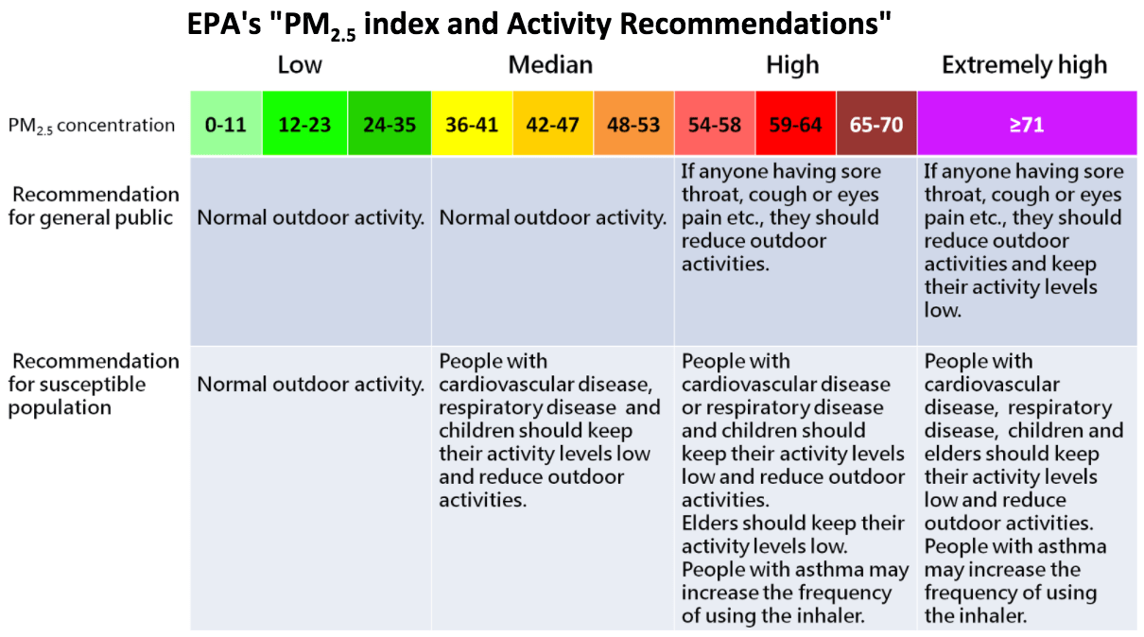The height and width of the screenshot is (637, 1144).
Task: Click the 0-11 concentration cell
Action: point(226,124)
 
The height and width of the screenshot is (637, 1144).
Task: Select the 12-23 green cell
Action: point(304,124)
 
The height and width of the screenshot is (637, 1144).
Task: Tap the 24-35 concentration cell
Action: point(390,124)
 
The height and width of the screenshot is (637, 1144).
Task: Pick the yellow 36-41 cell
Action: point(471,124)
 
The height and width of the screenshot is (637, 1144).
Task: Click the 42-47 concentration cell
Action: point(552,124)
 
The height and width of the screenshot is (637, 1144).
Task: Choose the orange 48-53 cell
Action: point(633,124)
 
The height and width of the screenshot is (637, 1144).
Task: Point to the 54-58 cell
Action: point(714,124)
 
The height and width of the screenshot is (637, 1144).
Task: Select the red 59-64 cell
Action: point(795,124)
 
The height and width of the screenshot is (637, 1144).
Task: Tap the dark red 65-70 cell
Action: point(876,124)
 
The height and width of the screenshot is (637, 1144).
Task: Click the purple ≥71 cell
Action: point(1026,124)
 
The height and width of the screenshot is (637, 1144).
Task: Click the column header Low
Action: point(300,65)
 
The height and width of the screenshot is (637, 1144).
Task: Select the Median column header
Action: point(550,65)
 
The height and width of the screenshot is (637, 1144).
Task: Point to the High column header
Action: point(792,65)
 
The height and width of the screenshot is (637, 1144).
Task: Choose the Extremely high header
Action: point(1024,65)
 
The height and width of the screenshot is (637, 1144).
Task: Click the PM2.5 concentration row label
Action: point(92,125)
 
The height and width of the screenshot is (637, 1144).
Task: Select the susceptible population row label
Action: point(94,385)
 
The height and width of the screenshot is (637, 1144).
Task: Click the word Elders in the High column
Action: point(711,523)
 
